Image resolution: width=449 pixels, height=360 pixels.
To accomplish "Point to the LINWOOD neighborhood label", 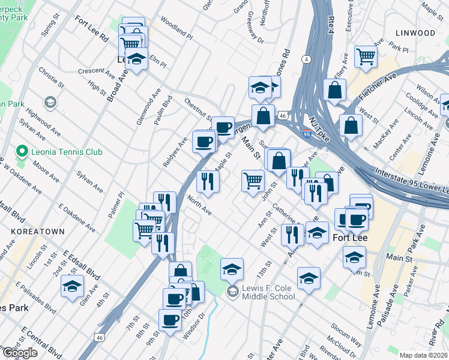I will (x=415, y=32).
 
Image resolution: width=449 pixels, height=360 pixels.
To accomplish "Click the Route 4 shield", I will (x=306, y=59).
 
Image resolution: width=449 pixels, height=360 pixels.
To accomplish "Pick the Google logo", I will (x=20, y=353).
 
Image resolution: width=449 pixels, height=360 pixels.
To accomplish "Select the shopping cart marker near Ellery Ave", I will (x=366, y=56).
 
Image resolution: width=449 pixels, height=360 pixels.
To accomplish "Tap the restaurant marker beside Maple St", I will (x=207, y=181).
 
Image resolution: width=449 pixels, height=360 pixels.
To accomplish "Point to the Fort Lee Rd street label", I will (x=91, y=28).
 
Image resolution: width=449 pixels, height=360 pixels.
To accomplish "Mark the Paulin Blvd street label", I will (x=162, y=109).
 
